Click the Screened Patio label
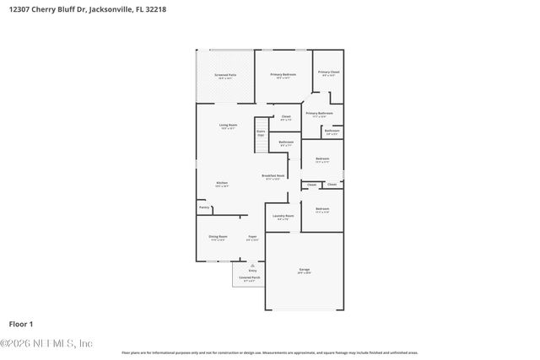[x=224, y=75]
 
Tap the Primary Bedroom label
[x=283, y=75]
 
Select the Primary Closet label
[x=329, y=73]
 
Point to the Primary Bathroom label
[x=319, y=113]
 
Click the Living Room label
[x=228, y=126]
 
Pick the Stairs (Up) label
[x=261, y=132]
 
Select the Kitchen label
[x=222, y=183]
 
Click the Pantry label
[x=204, y=207]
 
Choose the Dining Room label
[x=219, y=237]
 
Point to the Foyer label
[x=251, y=237]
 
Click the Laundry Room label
[x=283, y=216]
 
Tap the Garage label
[x=304, y=270]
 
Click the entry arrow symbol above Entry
[x=251, y=263]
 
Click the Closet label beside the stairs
[x=286, y=116]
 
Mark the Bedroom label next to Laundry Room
[x=322, y=209]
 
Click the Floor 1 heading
[x=21, y=323]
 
